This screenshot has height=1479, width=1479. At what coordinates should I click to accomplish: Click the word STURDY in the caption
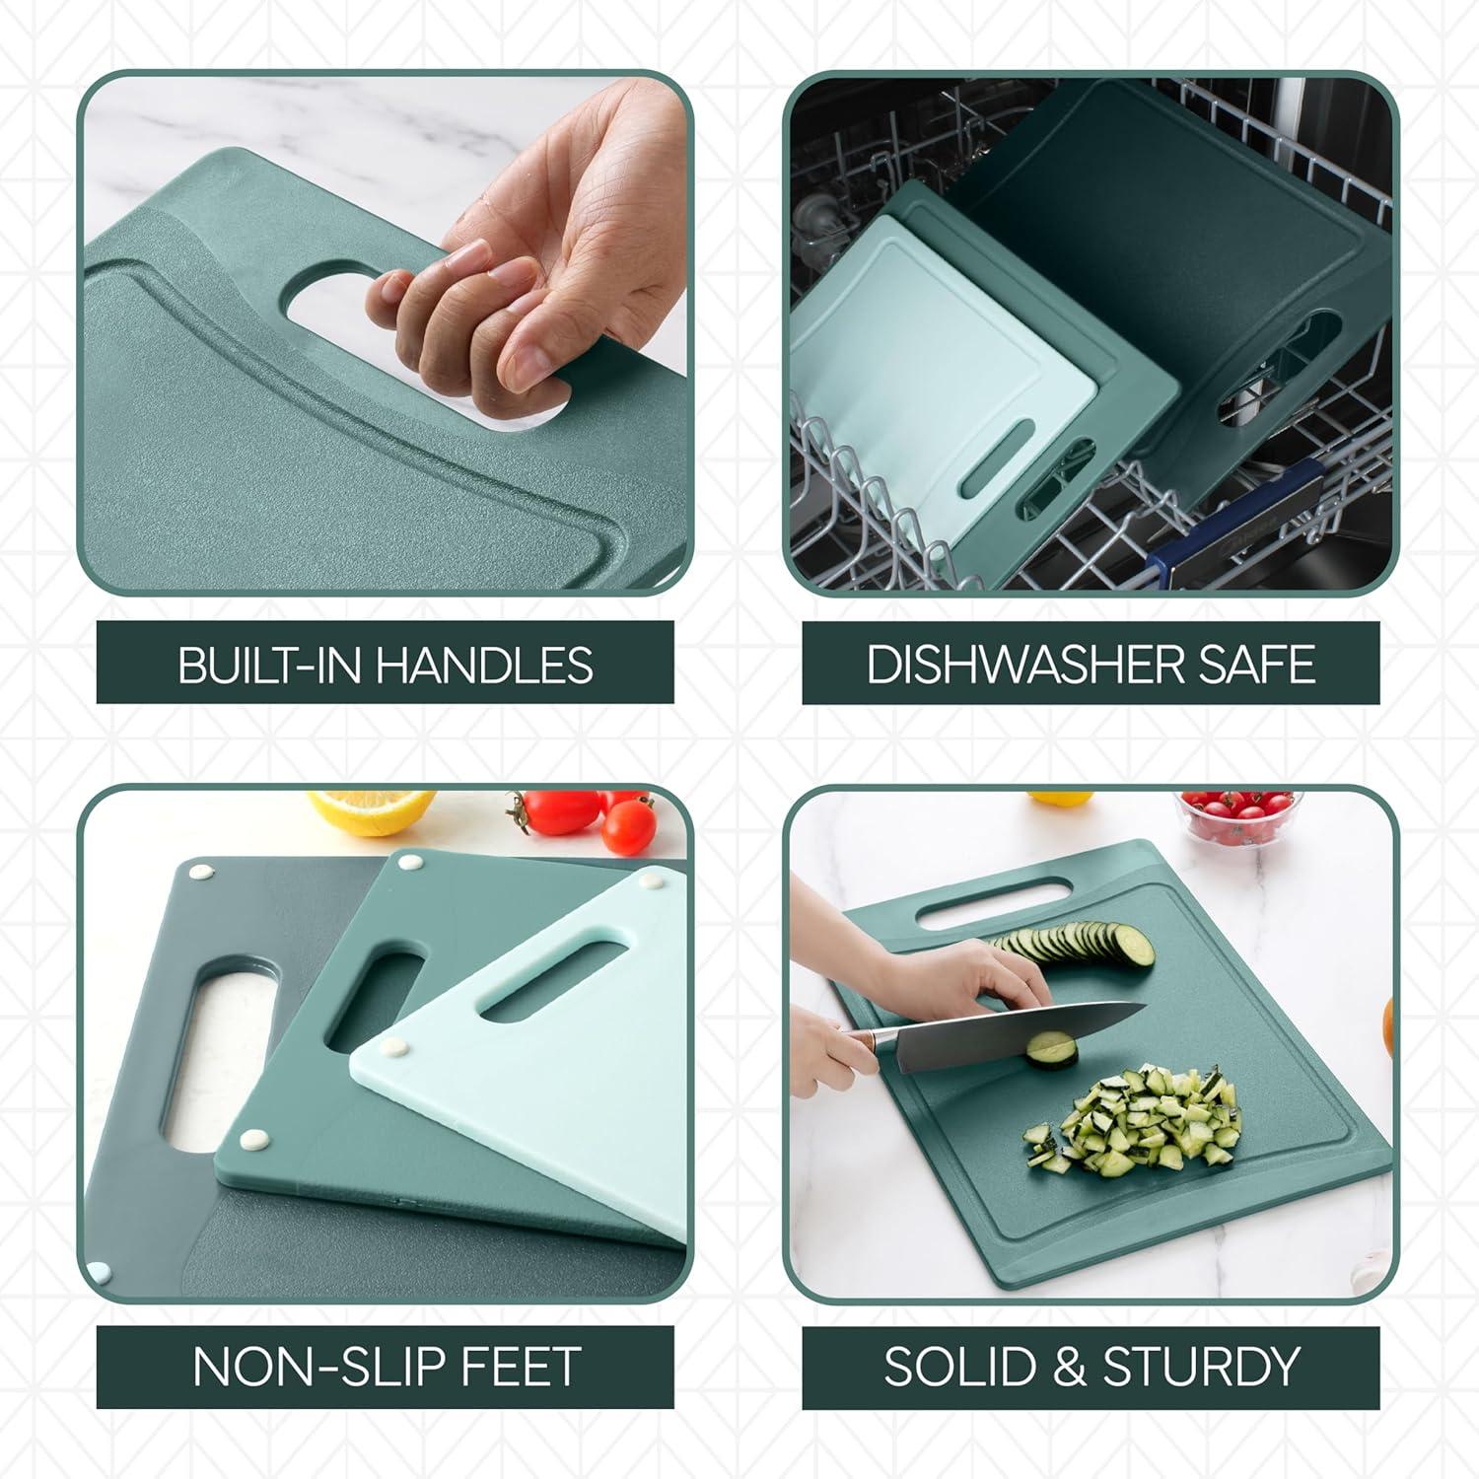tap(1201, 1367)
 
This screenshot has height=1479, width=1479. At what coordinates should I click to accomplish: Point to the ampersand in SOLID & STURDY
tap(1070, 1367)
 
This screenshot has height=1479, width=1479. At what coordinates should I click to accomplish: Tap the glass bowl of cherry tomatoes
tap(1237, 815)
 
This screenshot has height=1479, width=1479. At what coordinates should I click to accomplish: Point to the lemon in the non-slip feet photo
tap(372, 810)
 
